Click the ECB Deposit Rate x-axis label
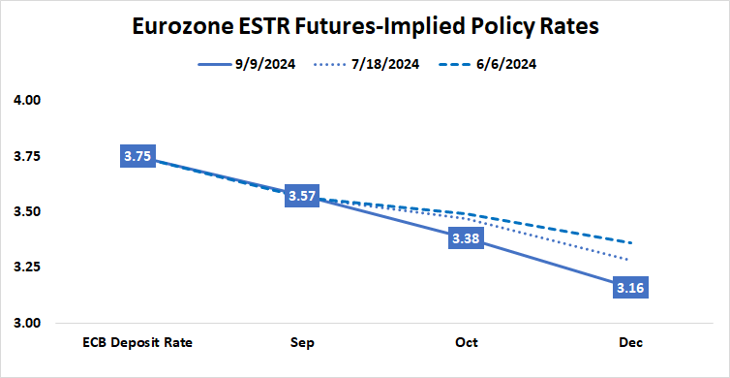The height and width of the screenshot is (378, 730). [x=137, y=343]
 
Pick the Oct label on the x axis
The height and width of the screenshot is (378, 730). [x=466, y=343]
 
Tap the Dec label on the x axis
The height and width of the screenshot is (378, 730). [x=630, y=343]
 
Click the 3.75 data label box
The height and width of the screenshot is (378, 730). [x=137, y=156]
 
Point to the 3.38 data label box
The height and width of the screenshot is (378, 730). [x=466, y=238]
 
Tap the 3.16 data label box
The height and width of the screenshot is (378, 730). [x=630, y=287]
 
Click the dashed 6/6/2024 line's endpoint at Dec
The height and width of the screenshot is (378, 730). [x=630, y=242]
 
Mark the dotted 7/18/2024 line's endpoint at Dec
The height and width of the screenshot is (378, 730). [x=630, y=260]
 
